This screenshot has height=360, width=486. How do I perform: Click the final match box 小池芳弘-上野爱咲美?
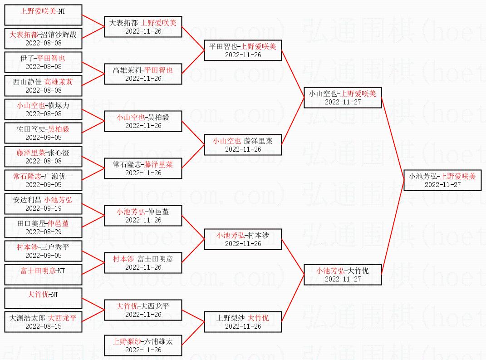(x=442, y=180)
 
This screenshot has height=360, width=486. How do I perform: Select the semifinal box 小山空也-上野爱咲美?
(x=343, y=98)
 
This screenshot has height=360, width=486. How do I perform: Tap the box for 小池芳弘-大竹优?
(x=343, y=275)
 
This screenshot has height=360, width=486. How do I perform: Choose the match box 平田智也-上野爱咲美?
(x=243, y=50)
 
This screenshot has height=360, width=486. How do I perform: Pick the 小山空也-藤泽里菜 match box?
(x=243, y=145)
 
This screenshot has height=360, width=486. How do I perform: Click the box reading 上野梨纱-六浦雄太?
(x=143, y=345)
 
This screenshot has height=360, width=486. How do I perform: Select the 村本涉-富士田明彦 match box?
(x=143, y=263)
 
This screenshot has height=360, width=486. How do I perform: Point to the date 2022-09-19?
(x=44, y=208)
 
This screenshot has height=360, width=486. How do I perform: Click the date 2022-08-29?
(x=44, y=232)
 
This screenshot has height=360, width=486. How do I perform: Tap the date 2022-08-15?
(x=44, y=326)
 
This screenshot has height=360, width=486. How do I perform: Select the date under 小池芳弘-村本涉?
(x=243, y=244)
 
